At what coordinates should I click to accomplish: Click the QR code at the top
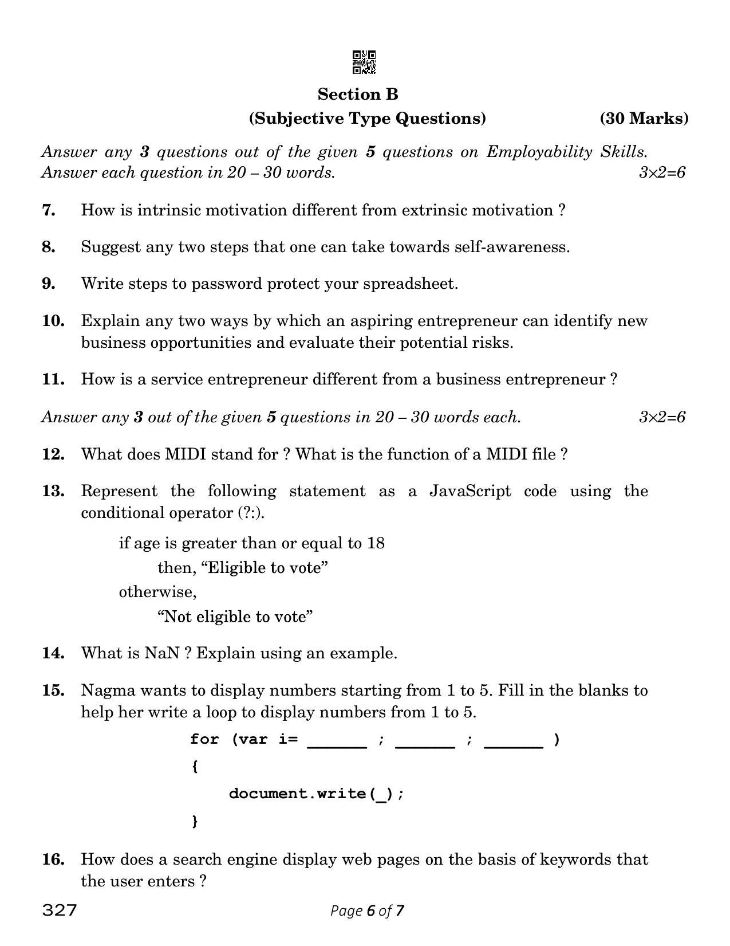(x=364, y=62)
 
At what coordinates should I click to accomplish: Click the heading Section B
(x=358, y=94)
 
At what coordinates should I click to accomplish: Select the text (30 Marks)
(x=644, y=119)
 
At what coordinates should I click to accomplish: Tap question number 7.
(x=49, y=210)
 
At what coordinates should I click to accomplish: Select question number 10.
(x=53, y=321)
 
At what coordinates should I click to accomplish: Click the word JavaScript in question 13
(x=469, y=491)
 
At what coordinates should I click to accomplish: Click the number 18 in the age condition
(x=376, y=543)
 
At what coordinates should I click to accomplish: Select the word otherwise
(x=157, y=592)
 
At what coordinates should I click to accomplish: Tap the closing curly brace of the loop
(x=195, y=821)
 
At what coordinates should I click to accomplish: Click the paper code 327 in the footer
(x=59, y=910)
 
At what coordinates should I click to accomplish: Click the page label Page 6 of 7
(x=367, y=910)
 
